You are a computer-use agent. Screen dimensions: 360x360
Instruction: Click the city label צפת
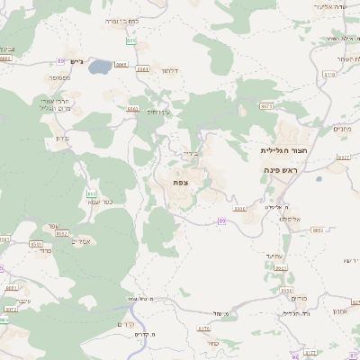coord(181,183)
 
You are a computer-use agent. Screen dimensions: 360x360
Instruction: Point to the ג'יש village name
coord(76,62)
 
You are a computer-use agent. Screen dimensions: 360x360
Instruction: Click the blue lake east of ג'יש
coord(101,67)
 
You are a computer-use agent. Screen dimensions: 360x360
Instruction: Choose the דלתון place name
coord(171,69)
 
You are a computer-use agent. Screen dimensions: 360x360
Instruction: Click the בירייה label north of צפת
coord(189,153)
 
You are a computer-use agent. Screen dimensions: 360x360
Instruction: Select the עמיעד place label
coord(276,257)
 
